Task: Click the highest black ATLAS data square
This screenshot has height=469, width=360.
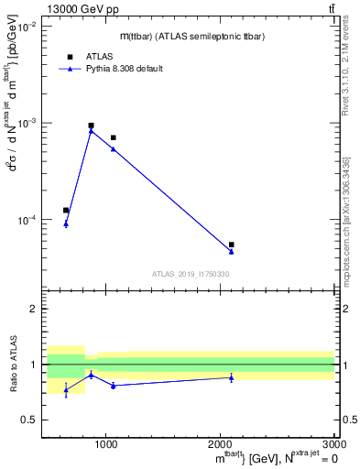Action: (x=91, y=125)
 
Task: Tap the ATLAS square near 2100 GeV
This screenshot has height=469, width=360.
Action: (x=231, y=245)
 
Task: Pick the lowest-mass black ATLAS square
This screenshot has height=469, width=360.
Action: (x=66, y=210)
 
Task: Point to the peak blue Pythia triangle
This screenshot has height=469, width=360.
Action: (x=91, y=131)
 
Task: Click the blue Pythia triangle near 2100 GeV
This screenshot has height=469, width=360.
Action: (x=231, y=251)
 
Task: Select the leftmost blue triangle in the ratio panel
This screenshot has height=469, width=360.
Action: (x=66, y=390)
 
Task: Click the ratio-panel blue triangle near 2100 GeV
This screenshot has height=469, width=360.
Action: (x=231, y=377)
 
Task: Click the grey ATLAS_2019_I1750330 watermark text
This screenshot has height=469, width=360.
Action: (x=191, y=274)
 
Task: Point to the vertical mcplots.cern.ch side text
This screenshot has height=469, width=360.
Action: (x=347, y=229)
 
